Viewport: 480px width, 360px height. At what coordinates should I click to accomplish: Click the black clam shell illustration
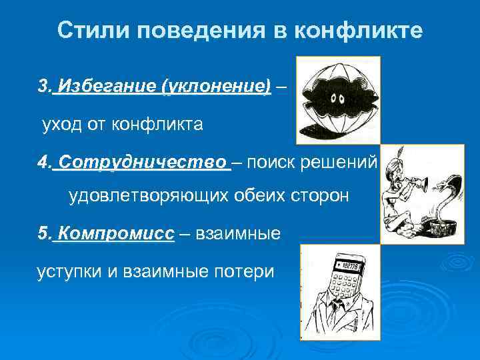coord(337,100)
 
